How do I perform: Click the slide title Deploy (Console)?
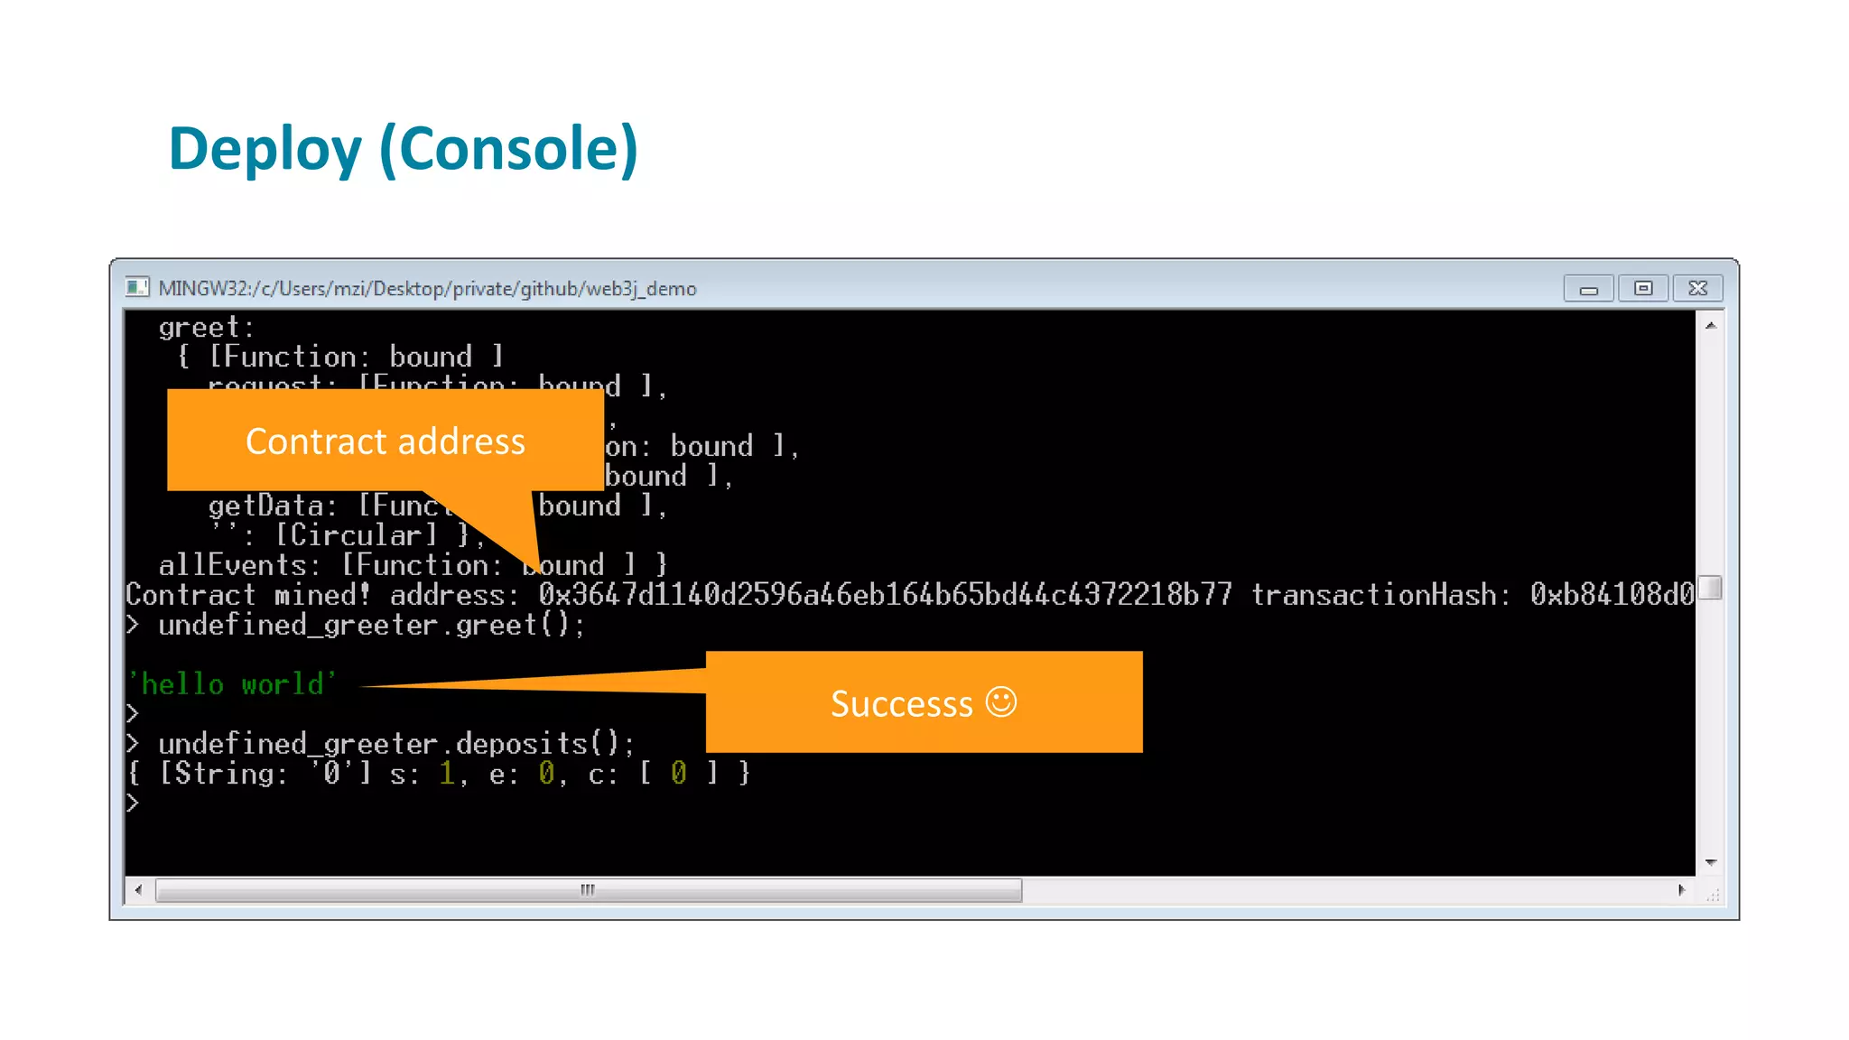click(x=403, y=149)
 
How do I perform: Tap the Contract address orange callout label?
click(x=386, y=441)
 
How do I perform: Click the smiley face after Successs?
click(x=1000, y=701)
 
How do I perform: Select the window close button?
click(x=1697, y=288)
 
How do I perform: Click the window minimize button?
click(x=1588, y=289)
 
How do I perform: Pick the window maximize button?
click(x=1643, y=288)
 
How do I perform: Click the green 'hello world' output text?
click(x=232, y=684)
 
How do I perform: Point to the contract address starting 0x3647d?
click(x=885, y=595)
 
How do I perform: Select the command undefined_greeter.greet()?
click(x=371, y=625)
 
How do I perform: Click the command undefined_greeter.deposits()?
click(x=396, y=744)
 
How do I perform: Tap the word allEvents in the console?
click(x=233, y=565)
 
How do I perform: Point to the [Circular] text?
click(x=356, y=535)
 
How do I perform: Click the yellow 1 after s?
click(x=447, y=774)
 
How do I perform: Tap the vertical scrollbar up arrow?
click(x=1710, y=325)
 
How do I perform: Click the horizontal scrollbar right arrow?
click(x=1681, y=890)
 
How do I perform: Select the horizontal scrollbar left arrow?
click(x=138, y=890)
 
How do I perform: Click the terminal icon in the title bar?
click(x=137, y=288)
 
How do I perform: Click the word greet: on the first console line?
click(x=207, y=327)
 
